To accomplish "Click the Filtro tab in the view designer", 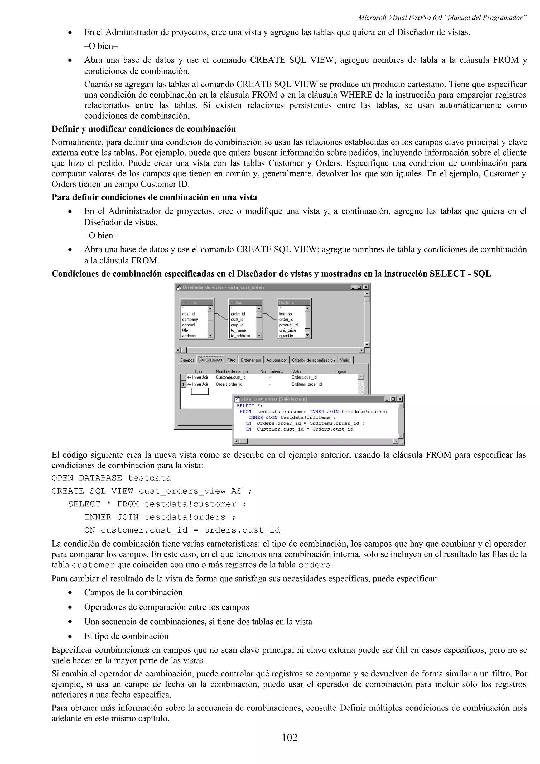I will click(231, 360).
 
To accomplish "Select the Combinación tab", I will click(211, 359).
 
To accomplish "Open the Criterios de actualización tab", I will click(313, 360).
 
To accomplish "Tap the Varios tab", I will click(345, 360).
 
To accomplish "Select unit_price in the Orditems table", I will click(287, 330).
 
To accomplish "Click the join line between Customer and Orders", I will click(221, 316).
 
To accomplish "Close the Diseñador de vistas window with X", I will click(366, 287).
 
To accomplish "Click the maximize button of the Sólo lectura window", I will click(393, 399).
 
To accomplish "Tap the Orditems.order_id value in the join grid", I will click(306, 384).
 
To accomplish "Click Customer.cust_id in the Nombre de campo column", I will click(230, 377).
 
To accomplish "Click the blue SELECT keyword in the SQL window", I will click(245, 406).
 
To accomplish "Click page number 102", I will click(289, 738).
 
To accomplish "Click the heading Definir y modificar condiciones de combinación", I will click(143, 129).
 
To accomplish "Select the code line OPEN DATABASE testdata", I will click(111, 478).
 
